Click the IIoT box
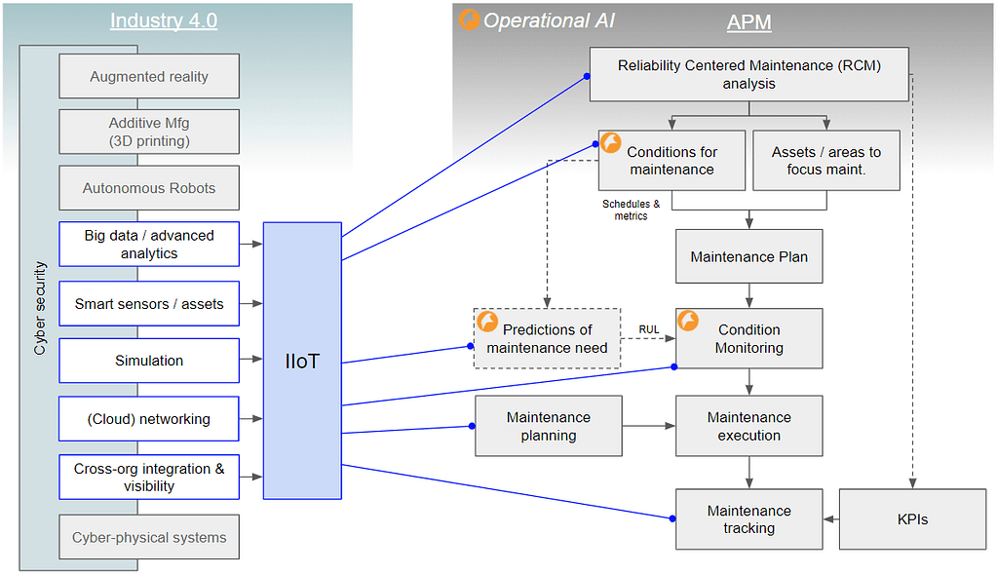click(x=302, y=361)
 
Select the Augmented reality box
click(x=149, y=76)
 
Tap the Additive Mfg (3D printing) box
click(x=149, y=132)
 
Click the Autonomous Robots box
click(x=149, y=188)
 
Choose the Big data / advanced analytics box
click(x=149, y=244)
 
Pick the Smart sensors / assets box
click(x=149, y=304)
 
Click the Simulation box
click(x=149, y=361)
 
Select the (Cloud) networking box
click(x=149, y=419)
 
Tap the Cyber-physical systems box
click(x=149, y=537)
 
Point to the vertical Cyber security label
click(x=40, y=307)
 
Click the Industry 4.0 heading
click(x=165, y=21)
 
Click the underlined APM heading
click(x=748, y=22)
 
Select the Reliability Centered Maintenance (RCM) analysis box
click(x=748, y=74)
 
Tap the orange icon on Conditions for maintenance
click(x=611, y=143)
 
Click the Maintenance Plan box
click(x=748, y=256)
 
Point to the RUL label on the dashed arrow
click(x=648, y=329)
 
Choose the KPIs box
click(x=912, y=519)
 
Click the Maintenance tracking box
click(x=748, y=519)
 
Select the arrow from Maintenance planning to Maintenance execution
click(x=648, y=426)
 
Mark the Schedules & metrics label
click(x=631, y=210)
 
